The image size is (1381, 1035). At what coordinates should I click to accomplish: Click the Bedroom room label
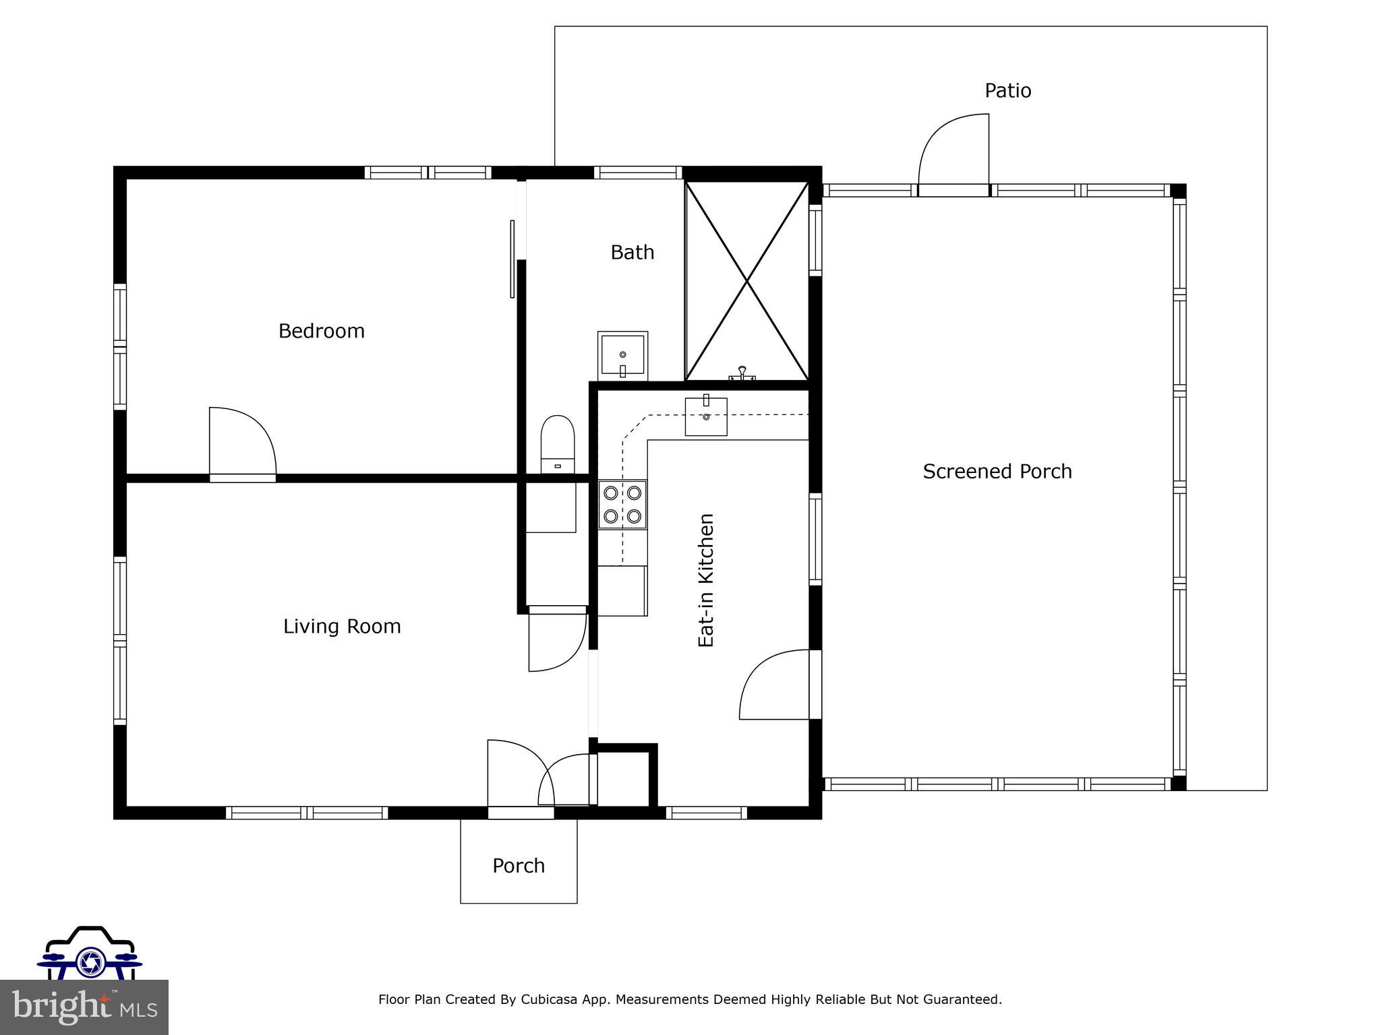(x=321, y=331)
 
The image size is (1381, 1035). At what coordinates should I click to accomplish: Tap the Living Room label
(x=342, y=627)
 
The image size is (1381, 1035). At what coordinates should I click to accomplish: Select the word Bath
(x=632, y=253)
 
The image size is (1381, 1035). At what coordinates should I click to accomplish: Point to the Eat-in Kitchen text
(x=705, y=580)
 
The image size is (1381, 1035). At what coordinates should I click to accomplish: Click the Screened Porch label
(x=997, y=472)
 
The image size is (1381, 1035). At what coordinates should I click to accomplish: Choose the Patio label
(x=1007, y=91)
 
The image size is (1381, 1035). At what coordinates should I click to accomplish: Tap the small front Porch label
(x=518, y=866)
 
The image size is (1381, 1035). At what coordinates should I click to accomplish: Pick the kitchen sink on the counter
(x=706, y=416)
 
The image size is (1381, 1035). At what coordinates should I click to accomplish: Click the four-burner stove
(x=622, y=504)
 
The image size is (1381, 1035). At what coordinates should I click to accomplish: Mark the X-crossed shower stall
(x=746, y=281)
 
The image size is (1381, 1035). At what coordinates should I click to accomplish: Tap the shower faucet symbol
(x=742, y=373)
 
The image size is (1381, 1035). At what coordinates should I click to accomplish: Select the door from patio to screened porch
(x=953, y=155)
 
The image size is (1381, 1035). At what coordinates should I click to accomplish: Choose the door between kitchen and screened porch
(x=775, y=684)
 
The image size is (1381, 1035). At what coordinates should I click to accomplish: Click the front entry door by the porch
(x=519, y=775)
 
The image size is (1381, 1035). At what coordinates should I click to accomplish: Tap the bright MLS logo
(x=84, y=1007)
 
